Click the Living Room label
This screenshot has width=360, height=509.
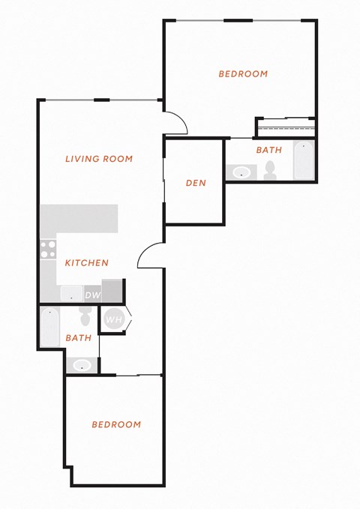99,159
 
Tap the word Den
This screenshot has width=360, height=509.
196,183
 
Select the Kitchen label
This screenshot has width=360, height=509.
87,262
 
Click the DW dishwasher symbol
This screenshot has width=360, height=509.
93,295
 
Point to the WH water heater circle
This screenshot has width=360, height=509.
114,319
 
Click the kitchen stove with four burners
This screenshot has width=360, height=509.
48,250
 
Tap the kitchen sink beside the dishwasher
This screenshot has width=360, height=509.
71,294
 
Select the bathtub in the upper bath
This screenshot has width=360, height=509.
304,160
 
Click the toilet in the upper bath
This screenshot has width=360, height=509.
270,171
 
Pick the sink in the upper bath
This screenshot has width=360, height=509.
241,172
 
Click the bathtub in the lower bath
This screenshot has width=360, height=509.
49,326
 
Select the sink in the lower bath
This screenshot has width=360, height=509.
82,365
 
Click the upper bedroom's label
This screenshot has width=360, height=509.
243,74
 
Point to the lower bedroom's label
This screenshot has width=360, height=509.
116,424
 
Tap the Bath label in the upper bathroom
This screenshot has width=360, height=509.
269,150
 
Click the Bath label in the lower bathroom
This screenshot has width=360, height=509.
79,338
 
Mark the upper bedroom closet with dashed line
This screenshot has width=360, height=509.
286,127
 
